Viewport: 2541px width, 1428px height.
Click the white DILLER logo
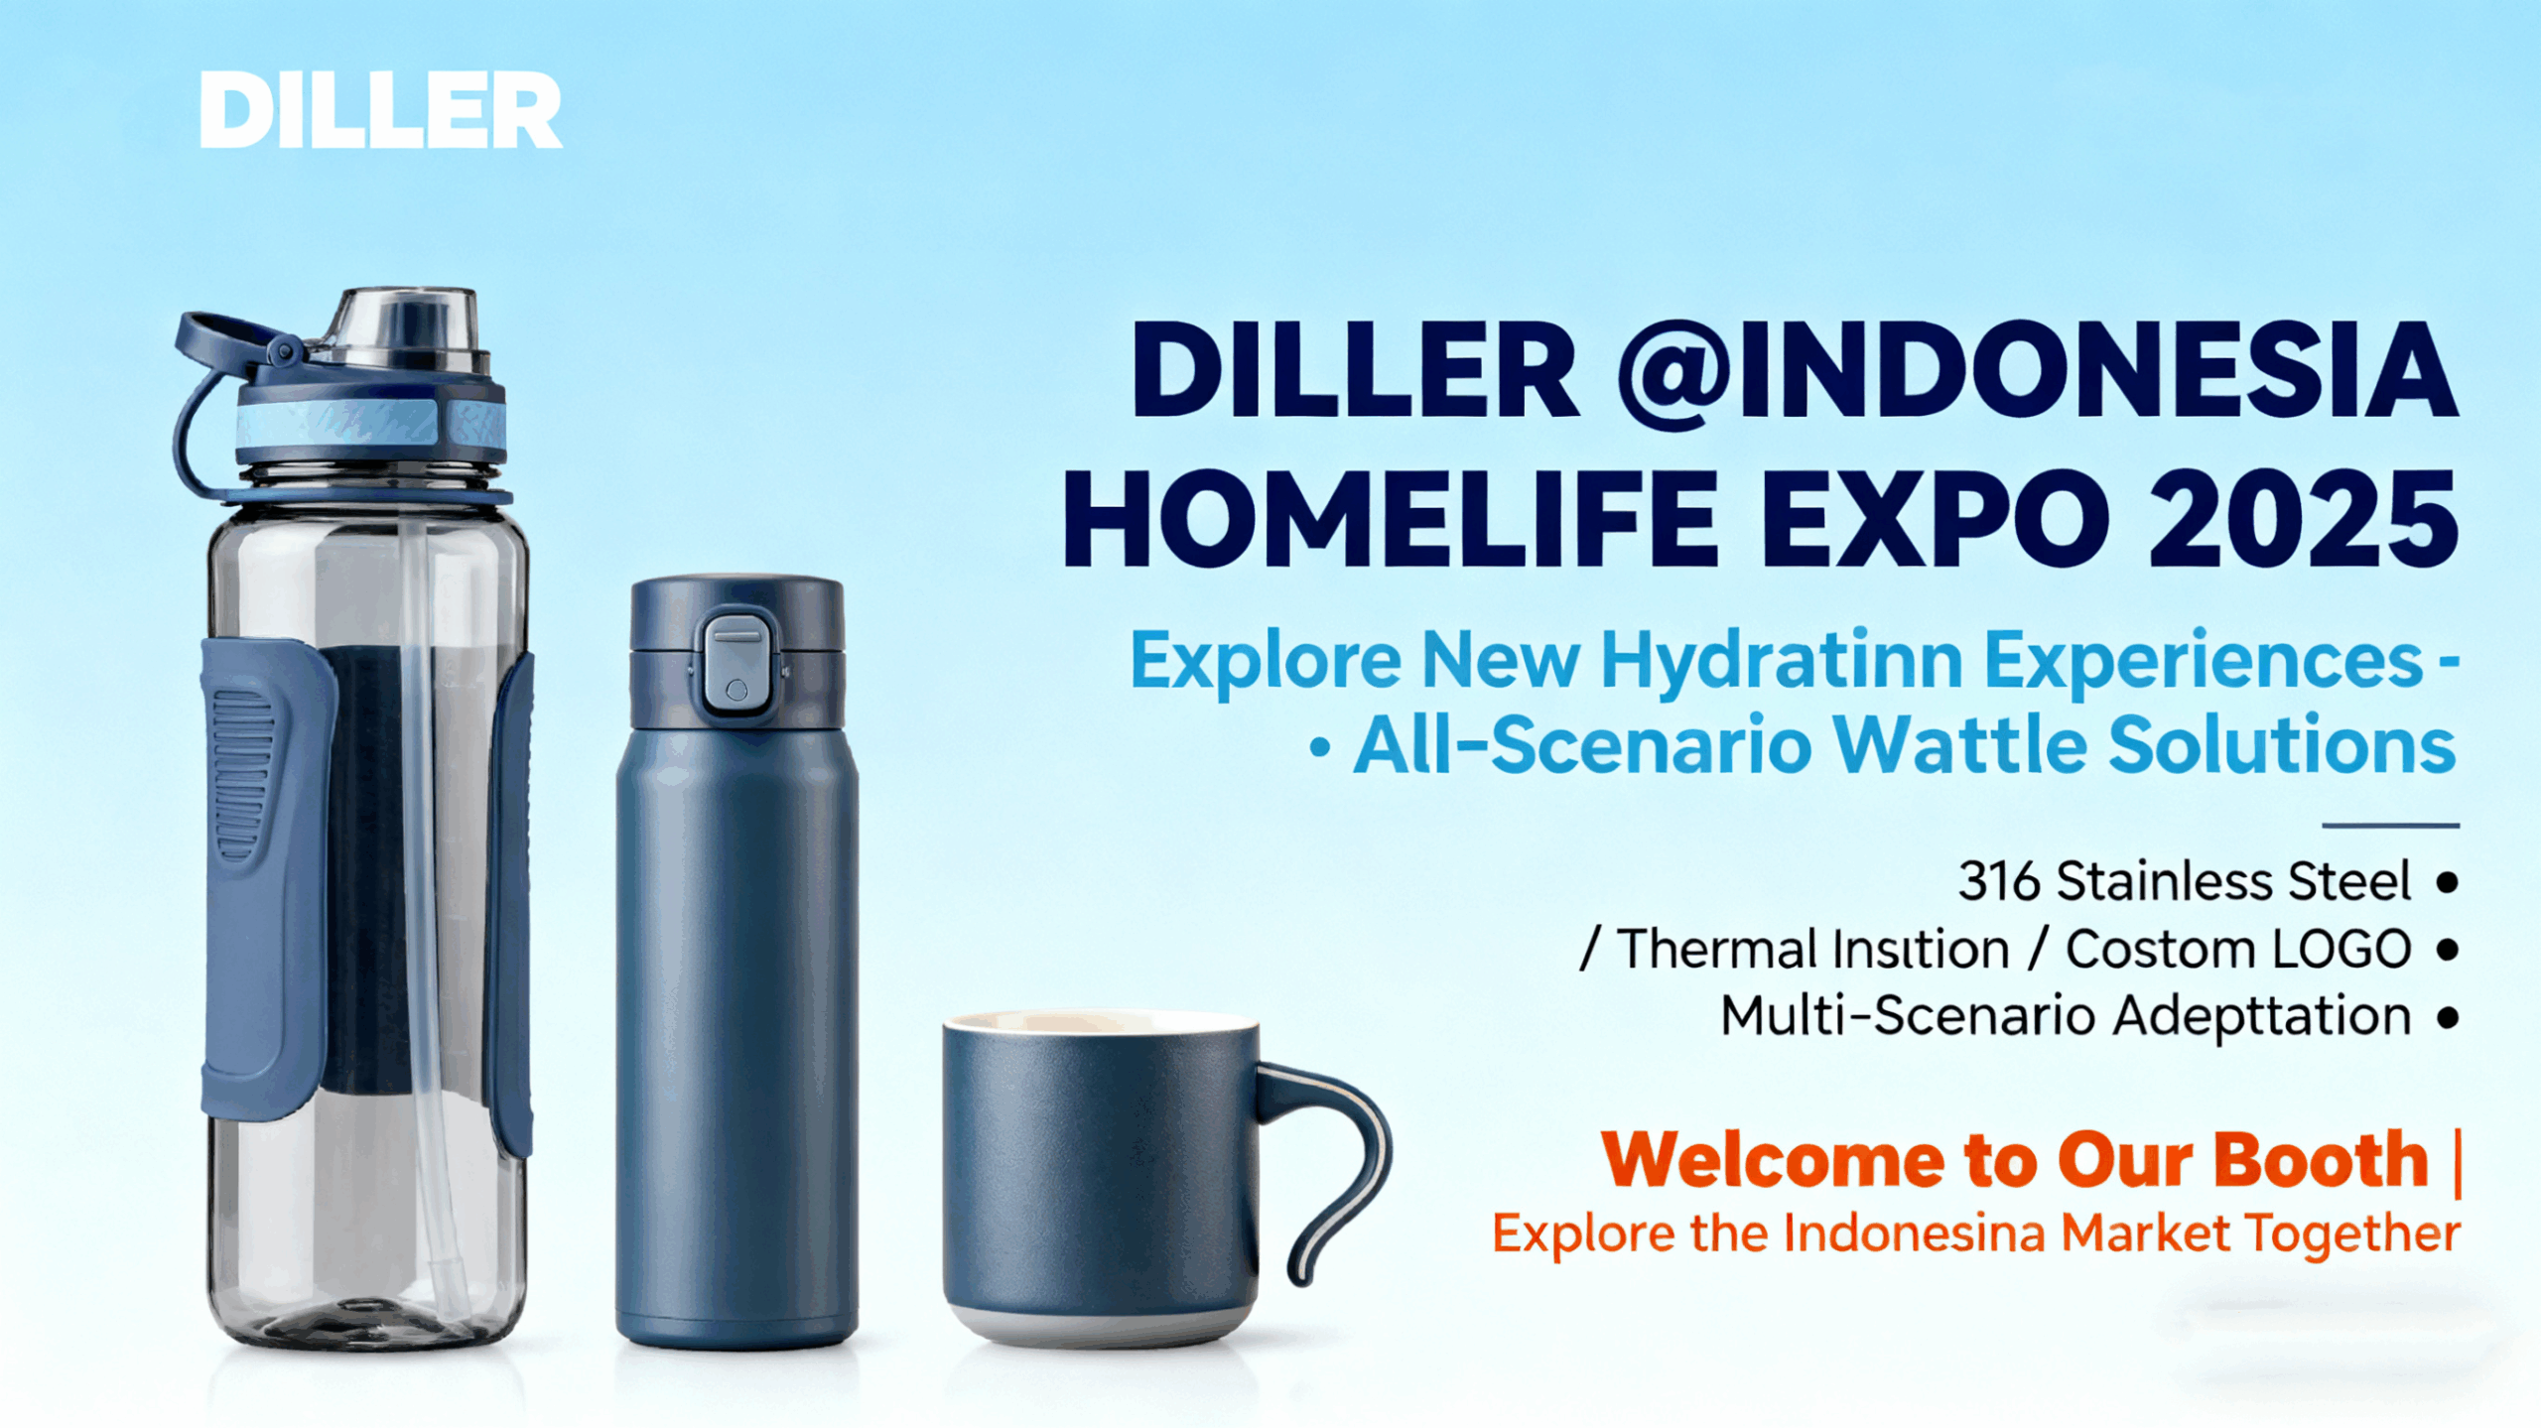[381, 110]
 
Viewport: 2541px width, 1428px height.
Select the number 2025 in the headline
[2302, 519]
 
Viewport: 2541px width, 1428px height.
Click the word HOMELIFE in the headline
[1391, 519]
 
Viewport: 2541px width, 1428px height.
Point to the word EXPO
[1936, 519]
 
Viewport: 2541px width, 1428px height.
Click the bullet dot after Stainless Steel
[2448, 881]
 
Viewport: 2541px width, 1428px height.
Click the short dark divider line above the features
[2390, 825]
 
